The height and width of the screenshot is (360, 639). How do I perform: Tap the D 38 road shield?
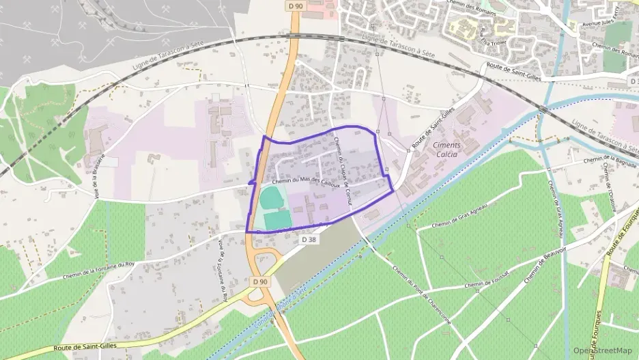pos(308,240)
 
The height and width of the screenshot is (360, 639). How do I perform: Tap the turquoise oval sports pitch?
pos(272,199)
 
